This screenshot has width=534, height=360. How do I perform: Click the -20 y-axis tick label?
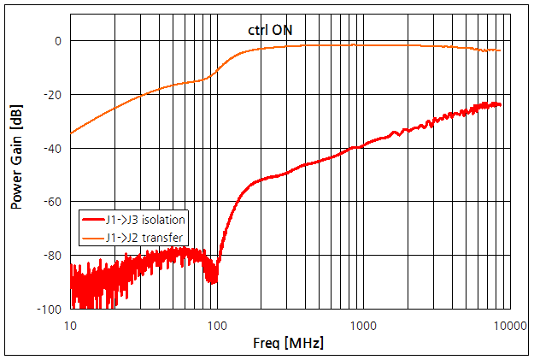pos(51,94)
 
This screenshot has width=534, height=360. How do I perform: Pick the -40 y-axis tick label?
pos(51,148)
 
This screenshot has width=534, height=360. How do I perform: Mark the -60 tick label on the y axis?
pos(51,202)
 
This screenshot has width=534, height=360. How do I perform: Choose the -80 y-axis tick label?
pos(51,255)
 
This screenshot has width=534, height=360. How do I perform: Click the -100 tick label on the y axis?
pos(49,309)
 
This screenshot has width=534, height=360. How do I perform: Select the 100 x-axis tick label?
pos(217,324)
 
